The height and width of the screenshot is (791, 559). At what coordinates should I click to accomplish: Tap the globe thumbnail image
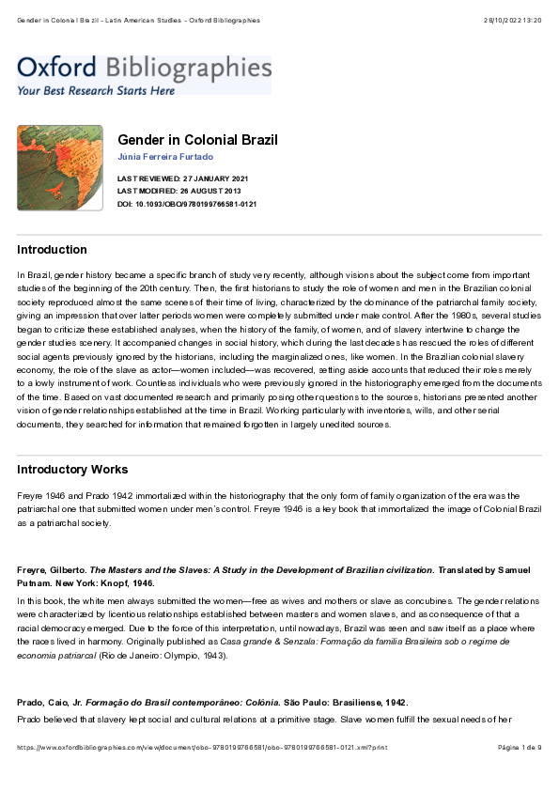(x=60, y=168)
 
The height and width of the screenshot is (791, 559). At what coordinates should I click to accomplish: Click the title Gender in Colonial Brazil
(x=197, y=140)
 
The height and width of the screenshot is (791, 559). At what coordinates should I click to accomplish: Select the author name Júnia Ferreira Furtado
(x=165, y=156)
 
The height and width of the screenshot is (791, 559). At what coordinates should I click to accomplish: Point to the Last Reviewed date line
(x=182, y=178)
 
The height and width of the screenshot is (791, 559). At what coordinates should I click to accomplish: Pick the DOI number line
(x=187, y=204)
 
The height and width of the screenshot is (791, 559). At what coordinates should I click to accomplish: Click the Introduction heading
(x=53, y=250)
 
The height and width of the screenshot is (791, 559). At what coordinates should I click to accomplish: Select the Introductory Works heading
(x=72, y=470)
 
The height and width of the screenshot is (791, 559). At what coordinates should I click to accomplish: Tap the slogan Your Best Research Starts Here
(x=96, y=90)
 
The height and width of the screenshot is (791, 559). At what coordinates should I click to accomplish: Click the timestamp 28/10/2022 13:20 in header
(x=512, y=20)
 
